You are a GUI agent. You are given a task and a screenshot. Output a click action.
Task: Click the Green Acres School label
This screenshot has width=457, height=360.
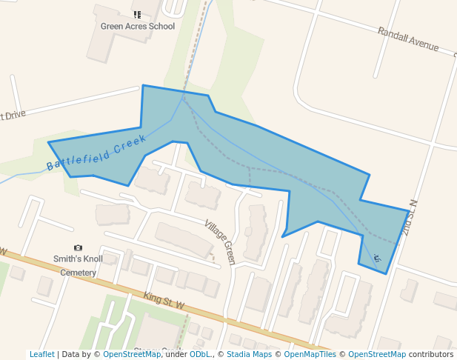point(138,27)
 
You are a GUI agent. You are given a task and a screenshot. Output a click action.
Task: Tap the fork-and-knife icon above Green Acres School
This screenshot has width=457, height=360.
point(137,14)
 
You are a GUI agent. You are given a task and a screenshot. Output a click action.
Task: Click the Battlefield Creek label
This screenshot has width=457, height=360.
point(96,153)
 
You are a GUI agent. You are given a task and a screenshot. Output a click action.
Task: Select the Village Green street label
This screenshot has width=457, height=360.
point(220,242)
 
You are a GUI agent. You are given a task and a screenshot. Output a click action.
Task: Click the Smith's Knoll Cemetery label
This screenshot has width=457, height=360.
point(78,265)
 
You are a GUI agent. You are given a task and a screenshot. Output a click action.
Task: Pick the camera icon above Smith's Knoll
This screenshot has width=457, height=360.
point(78,247)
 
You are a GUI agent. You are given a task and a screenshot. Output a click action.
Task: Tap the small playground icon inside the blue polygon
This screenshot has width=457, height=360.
point(376,258)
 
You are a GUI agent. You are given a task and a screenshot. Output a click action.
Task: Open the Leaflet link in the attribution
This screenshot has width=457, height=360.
point(41,354)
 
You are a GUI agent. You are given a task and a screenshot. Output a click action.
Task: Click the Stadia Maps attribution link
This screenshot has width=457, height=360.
point(249,354)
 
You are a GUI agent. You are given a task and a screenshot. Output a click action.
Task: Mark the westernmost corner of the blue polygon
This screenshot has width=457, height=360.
point(49,141)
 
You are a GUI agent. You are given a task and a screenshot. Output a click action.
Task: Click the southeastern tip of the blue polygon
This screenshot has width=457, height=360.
point(386,273)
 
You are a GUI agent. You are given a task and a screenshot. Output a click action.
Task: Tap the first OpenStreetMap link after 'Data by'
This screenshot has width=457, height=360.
point(131,354)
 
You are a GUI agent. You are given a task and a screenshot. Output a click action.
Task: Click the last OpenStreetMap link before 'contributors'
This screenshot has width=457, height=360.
point(376,354)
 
